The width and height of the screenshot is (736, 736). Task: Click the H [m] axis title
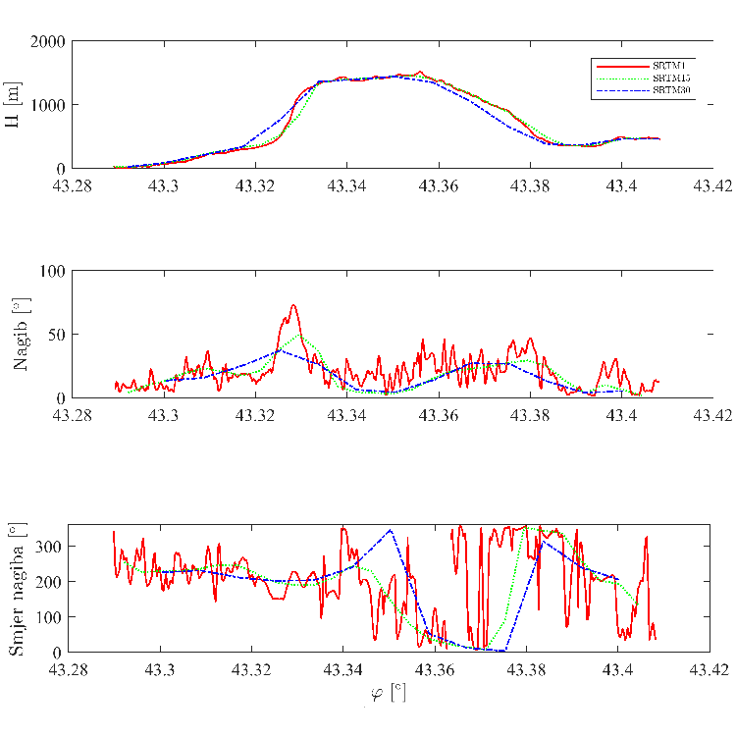13,105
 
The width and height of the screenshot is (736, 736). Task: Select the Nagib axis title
21,335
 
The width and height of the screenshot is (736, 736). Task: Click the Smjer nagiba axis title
17,590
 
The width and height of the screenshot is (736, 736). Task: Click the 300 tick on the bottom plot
49,546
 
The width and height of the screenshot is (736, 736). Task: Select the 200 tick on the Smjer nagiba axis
49,581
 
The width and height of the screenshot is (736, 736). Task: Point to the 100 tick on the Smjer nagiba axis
49,616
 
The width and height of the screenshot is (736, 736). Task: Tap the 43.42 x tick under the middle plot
711,415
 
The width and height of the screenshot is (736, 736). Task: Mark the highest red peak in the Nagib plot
292,305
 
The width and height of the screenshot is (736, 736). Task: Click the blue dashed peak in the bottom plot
390,530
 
